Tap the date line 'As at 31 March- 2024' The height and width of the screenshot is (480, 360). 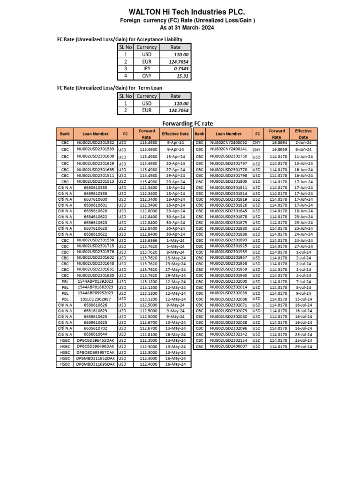pos(180,28)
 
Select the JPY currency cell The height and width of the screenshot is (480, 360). pos(147,68)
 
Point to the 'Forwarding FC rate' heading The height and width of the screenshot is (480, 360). pos(187,123)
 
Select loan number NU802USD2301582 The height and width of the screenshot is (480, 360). pos(95,142)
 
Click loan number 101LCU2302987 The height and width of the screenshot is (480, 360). pos(95,299)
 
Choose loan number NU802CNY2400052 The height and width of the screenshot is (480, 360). pos(228,142)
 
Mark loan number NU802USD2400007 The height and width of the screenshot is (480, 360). pos(228,346)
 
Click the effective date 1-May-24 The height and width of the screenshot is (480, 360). pos(175,240)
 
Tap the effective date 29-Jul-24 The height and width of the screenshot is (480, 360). pos(303,346)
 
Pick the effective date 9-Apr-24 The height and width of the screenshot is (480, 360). pos(175,142)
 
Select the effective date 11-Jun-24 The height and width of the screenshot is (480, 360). pos(303,156)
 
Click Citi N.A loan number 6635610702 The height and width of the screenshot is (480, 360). pos(95,329)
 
